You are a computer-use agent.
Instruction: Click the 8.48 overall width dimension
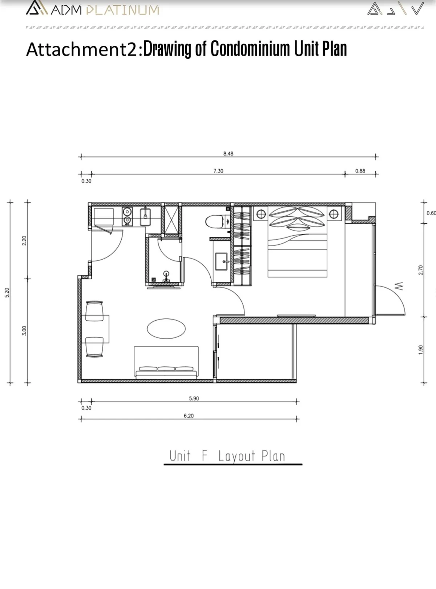tap(228, 154)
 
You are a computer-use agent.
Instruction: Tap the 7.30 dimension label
tap(218, 171)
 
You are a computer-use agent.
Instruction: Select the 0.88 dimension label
tap(360, 171)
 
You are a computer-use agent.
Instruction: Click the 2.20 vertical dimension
tap(24, 241)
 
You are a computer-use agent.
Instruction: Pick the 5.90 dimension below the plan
tap(194, 398)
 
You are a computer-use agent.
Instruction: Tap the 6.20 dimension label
tap(189, 415)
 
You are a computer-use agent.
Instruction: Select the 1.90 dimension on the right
tap(420, 349)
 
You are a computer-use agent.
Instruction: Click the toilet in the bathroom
tap(215, 222)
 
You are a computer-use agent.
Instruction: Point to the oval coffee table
tap(166, 329)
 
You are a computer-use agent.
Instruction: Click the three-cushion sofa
tap(166, 362)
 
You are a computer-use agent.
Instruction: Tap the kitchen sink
tap(145, 217)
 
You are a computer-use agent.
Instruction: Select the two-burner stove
tap(127, 216)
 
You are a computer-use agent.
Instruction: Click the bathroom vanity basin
tap(221, 261)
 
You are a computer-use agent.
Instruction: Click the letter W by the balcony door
tap(399, 286)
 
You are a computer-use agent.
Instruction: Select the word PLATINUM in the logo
tap(123, 10)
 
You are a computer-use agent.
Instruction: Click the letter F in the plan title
tap(204, 456)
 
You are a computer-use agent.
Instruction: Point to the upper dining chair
tap(94, 311)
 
